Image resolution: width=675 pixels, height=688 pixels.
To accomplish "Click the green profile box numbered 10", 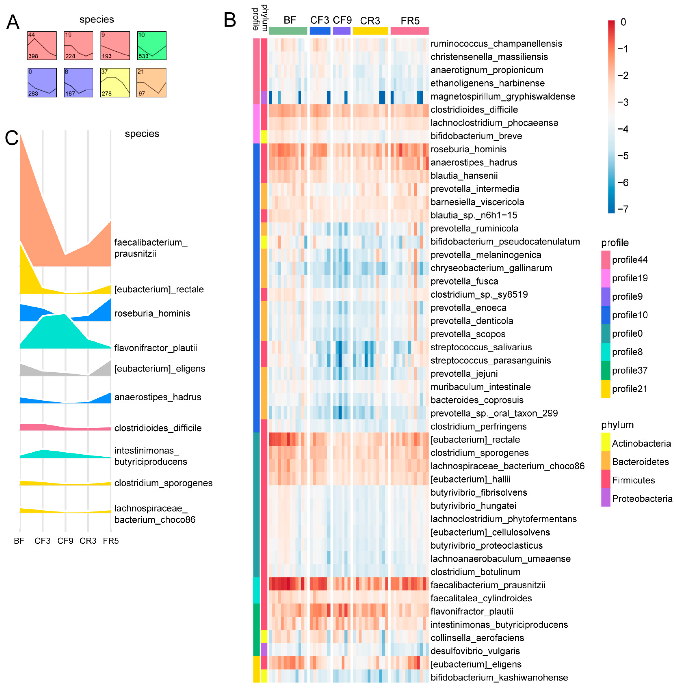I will pos(152,46).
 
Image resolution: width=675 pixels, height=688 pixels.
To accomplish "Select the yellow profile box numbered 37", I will pos(115,83).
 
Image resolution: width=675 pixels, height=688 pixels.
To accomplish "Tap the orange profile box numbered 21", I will pos(151,83).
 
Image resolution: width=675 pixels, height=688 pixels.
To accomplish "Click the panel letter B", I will pos(230,20).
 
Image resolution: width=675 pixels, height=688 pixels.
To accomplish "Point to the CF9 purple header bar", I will pos(341,31).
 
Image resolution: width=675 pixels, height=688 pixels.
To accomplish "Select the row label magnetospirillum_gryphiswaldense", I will pos(502,96).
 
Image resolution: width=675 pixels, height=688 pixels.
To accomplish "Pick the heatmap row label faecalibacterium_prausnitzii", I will pos(487,585).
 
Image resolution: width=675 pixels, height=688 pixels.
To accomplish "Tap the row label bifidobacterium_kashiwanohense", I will pos(499,677).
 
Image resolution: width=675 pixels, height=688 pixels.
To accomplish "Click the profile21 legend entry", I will pos(630,389).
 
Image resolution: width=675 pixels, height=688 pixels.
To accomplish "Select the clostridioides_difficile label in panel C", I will pos(158,428).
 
